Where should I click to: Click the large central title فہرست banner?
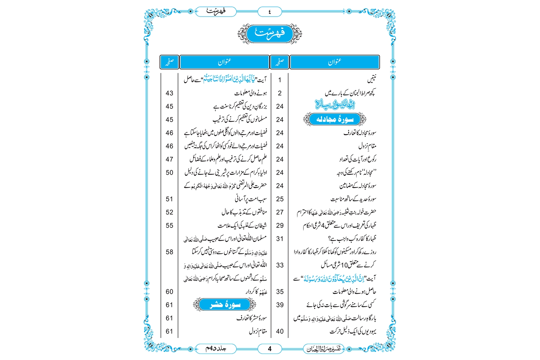(x=270, y=34)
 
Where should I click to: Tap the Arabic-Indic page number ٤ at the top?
(x=270, y=12)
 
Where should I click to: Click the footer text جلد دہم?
(x=216, y=348)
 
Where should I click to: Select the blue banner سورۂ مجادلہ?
(x=335, y=119)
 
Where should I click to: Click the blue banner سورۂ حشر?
(x=225, y=305)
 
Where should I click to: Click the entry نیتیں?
(x=371, y=79)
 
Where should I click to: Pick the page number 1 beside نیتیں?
(x=280, y=80)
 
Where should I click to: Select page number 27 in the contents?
(x=280, y=212)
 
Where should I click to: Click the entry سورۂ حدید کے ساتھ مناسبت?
(x=354, y=199)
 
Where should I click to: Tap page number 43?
(x=170, y=93)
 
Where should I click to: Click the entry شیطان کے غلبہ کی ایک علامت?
(x=242, y=226)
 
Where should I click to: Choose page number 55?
(x=170, y=226)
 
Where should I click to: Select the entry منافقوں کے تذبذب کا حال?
(x=244, y=212)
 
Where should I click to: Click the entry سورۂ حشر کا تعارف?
(x=252, y=318)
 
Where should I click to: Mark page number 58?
(x=170, y=252)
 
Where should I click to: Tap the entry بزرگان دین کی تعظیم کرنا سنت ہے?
(x=240, y=107)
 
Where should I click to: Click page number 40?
(x=280, y=332)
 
